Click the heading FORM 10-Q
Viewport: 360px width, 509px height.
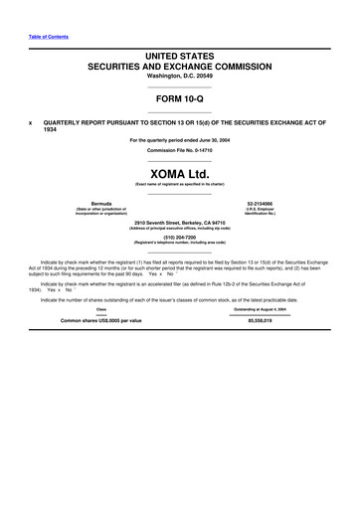pos(179,99)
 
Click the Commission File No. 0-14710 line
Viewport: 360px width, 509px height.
pos(179,150)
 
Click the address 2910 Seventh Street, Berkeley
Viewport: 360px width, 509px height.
pos(179,222)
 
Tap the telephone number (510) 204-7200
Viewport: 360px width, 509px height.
pos(179,237)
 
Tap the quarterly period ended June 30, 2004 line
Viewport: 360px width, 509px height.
pos(179,140)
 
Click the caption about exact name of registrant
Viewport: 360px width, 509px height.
pos(179,184)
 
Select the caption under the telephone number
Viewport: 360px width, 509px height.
pos(179,244)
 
